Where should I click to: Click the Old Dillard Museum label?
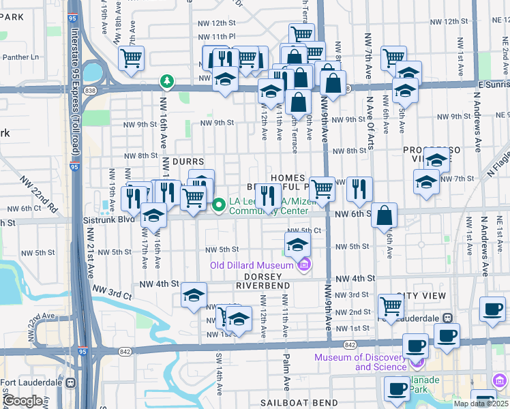coord(252,264)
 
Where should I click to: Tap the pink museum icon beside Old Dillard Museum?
coord(305,264)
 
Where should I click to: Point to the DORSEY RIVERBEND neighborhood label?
coord(259,281)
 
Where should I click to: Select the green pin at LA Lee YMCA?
coord(219,204)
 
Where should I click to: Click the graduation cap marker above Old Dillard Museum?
coord(297,244)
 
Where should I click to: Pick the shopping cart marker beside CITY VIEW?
coord(390,305)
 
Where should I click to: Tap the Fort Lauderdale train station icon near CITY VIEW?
coord(448,318)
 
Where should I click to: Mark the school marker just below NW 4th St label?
coord(194,295)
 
